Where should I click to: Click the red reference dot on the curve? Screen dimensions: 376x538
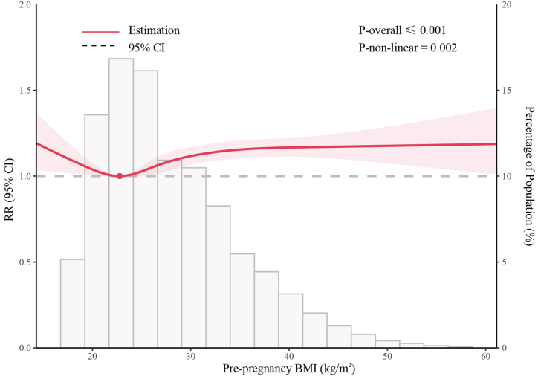click(x=120, y=176)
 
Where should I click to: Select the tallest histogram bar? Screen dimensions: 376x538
click(x=121, y=201)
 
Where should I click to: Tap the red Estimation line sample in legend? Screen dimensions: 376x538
click(x=100, y=32)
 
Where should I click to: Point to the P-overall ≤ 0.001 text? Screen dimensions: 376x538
click(x=402, y=31)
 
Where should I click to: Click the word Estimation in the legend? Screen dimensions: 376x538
click(x=155, y=31)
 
